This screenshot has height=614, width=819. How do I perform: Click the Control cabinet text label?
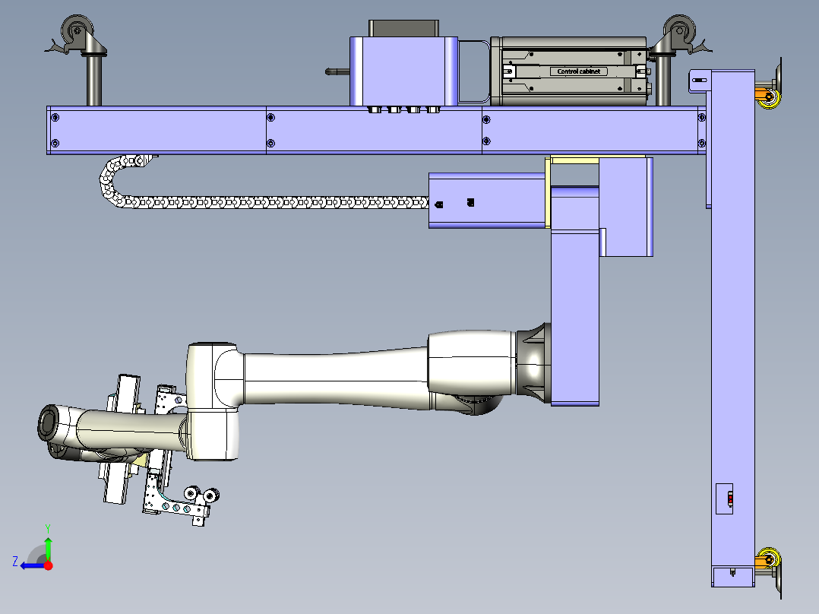click(579, 71)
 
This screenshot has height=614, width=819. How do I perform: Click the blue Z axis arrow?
click(33, 565)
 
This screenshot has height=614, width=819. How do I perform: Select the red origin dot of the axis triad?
click(49, 565)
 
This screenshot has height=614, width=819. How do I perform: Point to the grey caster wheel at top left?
click(77, 30)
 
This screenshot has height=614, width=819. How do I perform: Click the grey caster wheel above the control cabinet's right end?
click(679, 30)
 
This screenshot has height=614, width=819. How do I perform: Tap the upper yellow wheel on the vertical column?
click(770, 98)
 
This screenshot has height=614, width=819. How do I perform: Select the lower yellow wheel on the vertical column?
click(770, 559)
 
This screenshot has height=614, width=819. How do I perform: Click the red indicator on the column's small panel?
click(730, 499)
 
